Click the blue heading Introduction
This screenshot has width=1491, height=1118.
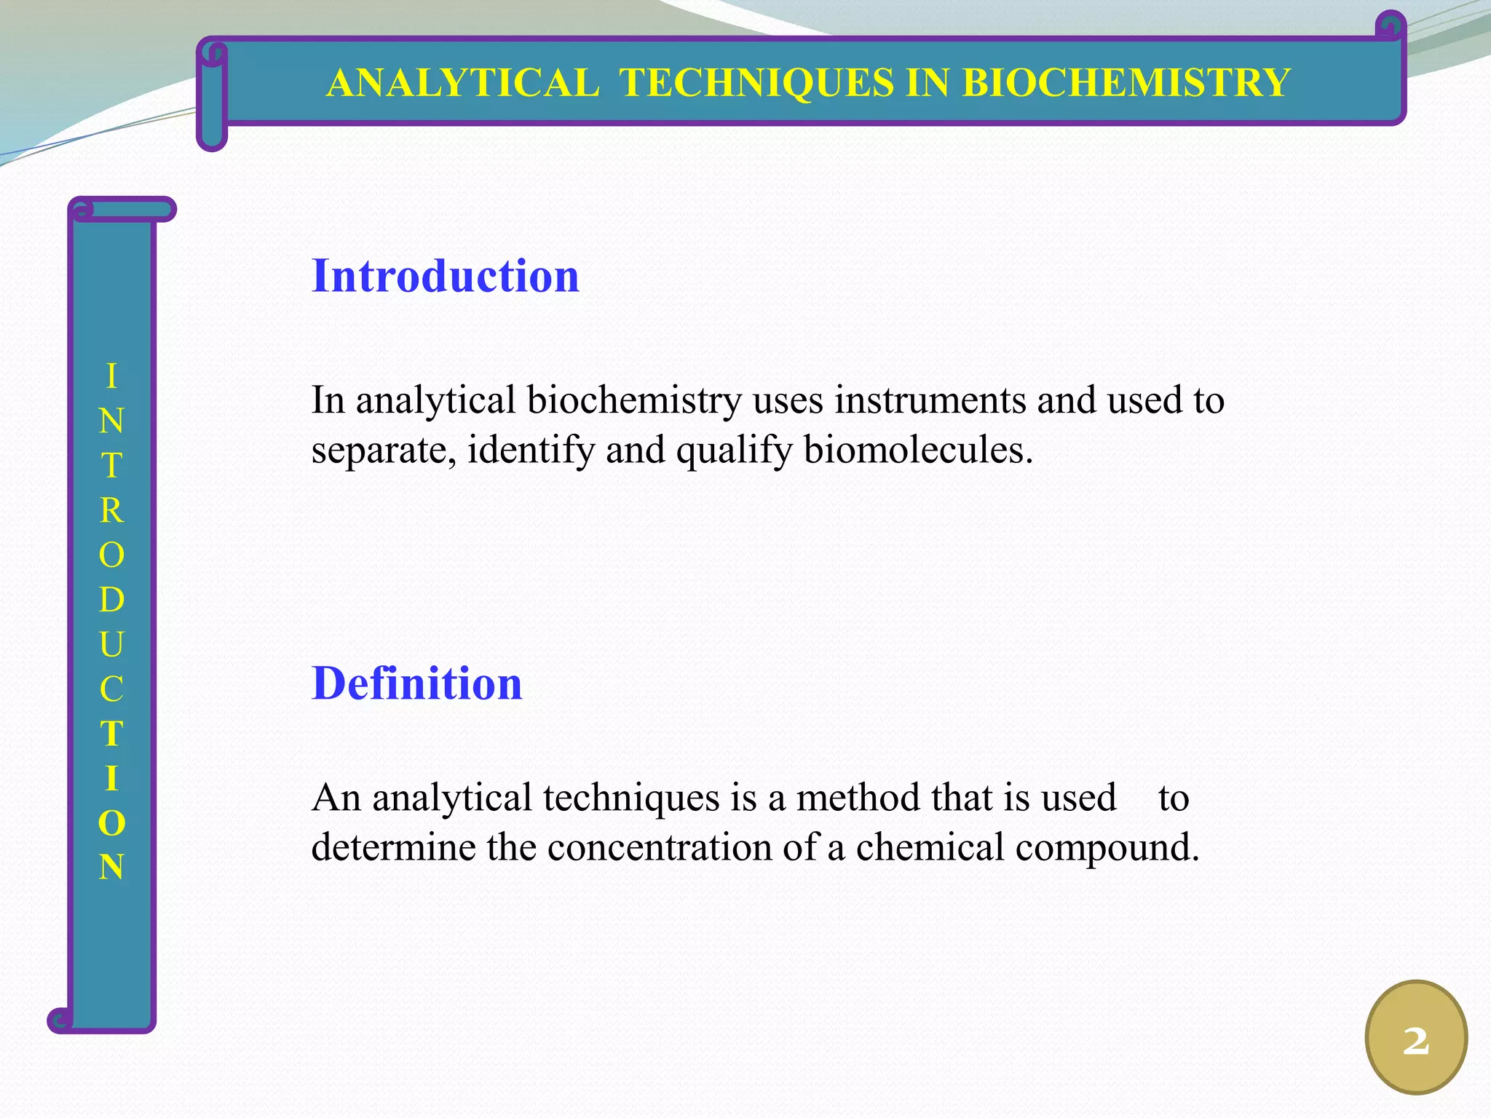445,277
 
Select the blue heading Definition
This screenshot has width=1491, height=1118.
416,684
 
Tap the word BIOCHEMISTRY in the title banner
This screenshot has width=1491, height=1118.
1126,82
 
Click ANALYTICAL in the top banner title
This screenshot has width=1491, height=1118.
463,82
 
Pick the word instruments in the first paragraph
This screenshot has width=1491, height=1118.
930,400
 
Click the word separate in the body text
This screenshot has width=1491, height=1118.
384,451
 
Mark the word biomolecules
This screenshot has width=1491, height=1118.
918,451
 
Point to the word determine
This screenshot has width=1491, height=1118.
393,848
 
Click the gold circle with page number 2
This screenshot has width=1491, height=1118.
1416,1038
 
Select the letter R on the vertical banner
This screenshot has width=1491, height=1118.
111,511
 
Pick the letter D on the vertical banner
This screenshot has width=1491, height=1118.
111,600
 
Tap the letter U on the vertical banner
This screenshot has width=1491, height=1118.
111,645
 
